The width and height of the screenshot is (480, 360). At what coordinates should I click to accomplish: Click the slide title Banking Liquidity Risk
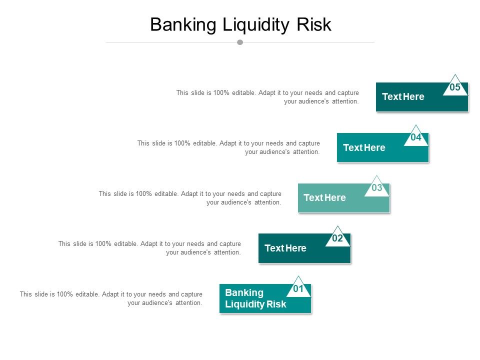tap(240, 24)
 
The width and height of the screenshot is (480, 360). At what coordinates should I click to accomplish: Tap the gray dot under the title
tap(240, 42)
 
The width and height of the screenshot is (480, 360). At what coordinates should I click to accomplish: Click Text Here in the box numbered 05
tap(403, 97)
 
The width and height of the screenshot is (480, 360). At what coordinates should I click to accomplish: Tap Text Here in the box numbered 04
tap(364, 147)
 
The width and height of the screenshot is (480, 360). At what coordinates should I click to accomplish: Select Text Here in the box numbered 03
tap(324, 198)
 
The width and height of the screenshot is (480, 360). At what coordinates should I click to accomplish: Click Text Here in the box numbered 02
tap(285, 248)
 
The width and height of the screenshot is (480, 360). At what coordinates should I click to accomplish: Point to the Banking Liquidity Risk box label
tap(255, 298)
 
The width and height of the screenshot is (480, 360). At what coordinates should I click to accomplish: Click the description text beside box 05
tap(267, 97)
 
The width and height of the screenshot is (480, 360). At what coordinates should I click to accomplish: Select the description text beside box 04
tap(228, 147)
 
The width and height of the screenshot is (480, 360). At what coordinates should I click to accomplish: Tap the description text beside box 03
tap(190, 198)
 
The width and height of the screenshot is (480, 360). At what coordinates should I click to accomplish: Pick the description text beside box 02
tap(149, 248)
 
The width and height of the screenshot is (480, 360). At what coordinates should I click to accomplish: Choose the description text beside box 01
tap(111, 298)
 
